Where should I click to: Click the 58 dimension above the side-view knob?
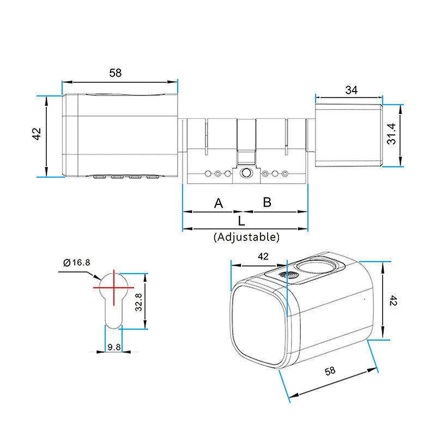coord(115,72)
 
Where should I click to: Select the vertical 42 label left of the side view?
coord(37,135)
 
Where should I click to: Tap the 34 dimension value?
coord(351,90)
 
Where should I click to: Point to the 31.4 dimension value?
coord(391,134)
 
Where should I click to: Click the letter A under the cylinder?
coord(219,203)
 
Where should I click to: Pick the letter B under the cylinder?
coord(267,202)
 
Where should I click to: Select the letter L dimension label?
coord(242,221)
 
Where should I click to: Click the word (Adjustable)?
coord(246,237)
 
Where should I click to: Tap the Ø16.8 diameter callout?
coord(76,263)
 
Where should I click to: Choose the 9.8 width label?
coord(114,347)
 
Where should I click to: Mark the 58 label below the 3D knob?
coord(330,371)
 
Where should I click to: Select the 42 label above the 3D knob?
coord(263,256)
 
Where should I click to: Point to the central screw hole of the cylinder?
coord(246,174)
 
